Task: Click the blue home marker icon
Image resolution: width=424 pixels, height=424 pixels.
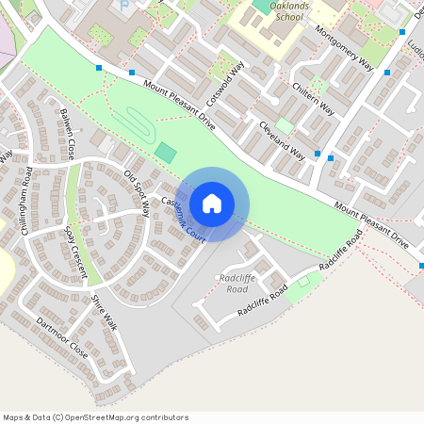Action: click(212, 204)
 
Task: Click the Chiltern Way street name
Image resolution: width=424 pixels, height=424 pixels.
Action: click(314, 97)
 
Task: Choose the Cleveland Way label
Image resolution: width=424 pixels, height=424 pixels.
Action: click(283, 139)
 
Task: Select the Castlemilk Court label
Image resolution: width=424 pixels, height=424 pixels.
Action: click(183, 216)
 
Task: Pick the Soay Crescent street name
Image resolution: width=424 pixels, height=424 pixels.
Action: click(75, 253)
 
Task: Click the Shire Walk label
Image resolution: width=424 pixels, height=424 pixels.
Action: click(104, 312)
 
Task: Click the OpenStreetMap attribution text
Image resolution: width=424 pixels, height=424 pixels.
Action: click(95, 416)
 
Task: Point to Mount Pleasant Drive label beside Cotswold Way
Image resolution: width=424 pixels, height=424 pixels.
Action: click(180, 105)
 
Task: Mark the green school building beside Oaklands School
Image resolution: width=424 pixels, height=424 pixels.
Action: click(261, 5)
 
